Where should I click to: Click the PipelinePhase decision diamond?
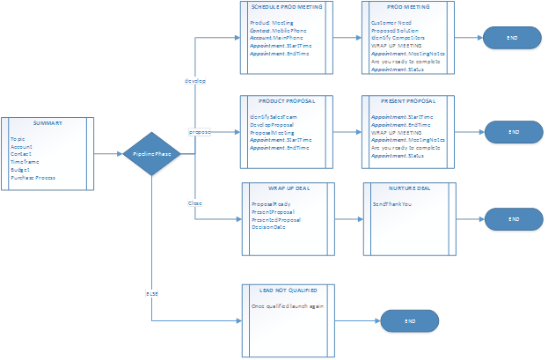coord(151,154)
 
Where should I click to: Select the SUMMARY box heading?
coord(48,123)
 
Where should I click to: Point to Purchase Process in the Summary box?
coord(33,177)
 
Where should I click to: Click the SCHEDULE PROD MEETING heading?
coord(287,6)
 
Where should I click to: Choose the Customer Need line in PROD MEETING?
coord(391,20)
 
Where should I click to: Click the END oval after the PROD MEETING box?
coord(512,39)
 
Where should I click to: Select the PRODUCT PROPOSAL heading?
coord(288,101)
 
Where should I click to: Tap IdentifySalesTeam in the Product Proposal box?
coord(277,116)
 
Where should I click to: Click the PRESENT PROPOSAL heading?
coord(408,101)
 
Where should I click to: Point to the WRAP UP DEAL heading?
coord(288,187)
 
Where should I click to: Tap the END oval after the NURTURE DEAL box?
coord(512,218)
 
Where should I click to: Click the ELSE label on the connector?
coord(151,291)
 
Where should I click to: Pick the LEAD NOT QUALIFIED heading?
coord(288,289)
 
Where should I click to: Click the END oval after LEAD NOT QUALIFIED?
coord(409,321)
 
